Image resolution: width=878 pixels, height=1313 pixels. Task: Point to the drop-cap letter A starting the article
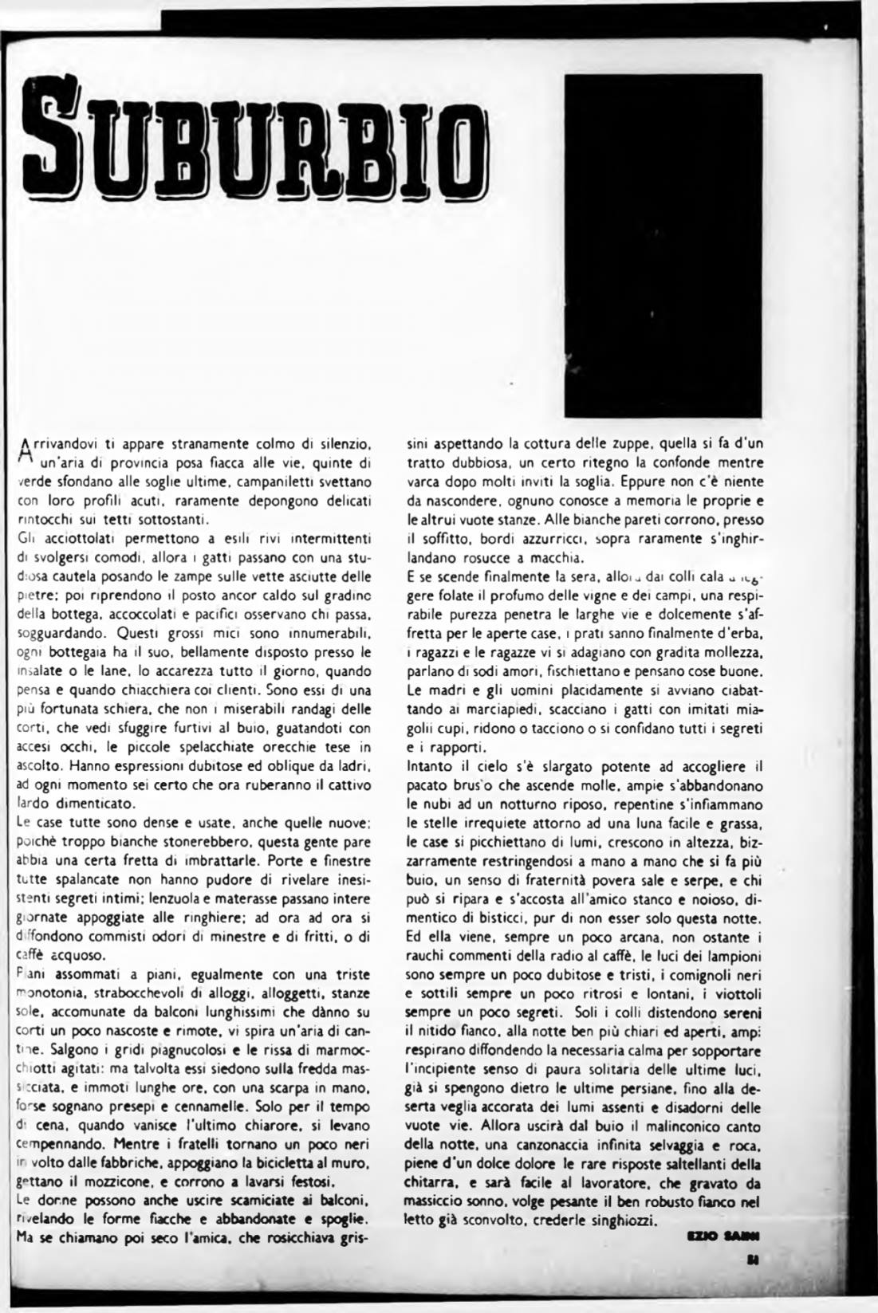pos(23,451)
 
